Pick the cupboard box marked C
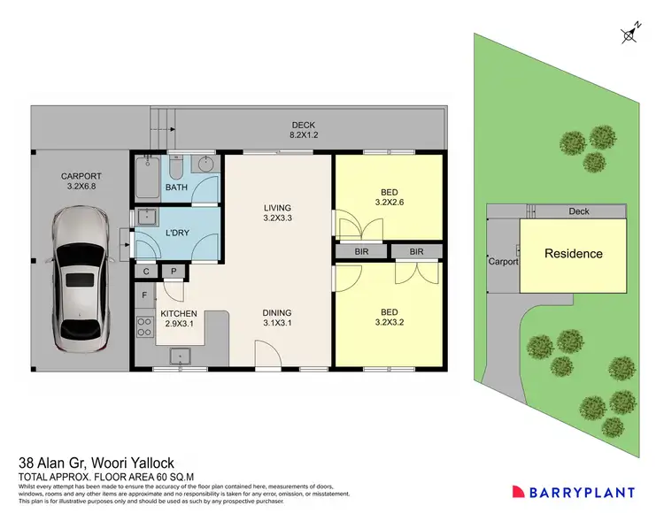[145, 272]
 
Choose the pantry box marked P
[174, 272]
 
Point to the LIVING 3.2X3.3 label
[277, 214]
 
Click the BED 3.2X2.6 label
[388, 195]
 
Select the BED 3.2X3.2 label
[388, 318]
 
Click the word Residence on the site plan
[573, 254]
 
